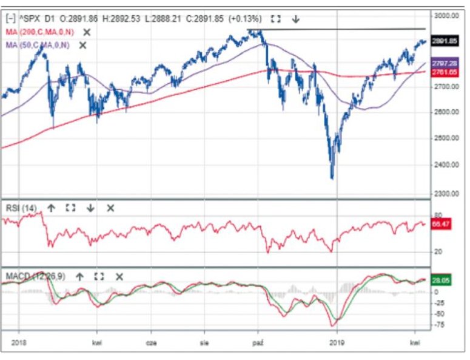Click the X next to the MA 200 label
pyautogui.click(x=87, y=32)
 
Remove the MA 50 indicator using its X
pyautogui.click(x=83, y=45)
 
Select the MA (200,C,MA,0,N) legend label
pyautogui.click(x=39, y=32)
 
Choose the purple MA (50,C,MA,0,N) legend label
pyautogui.click(x=37, y=45)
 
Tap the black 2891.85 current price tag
pyautogui.click(x=445, y=41)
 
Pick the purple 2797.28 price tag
pyautogui.click(x=445, y=64)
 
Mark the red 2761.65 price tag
pyautogui.click(x=445, y=72)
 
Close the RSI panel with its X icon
pyautogui.click(x=110, y=208)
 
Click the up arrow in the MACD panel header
pyautogui.click(x=79, y=276)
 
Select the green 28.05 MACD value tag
pyautogui.click(x=441, y=281)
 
